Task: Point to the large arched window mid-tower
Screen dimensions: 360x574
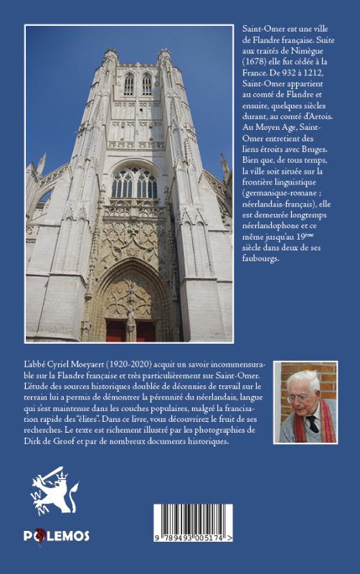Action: pyautogui.click(x=134, y=183)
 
